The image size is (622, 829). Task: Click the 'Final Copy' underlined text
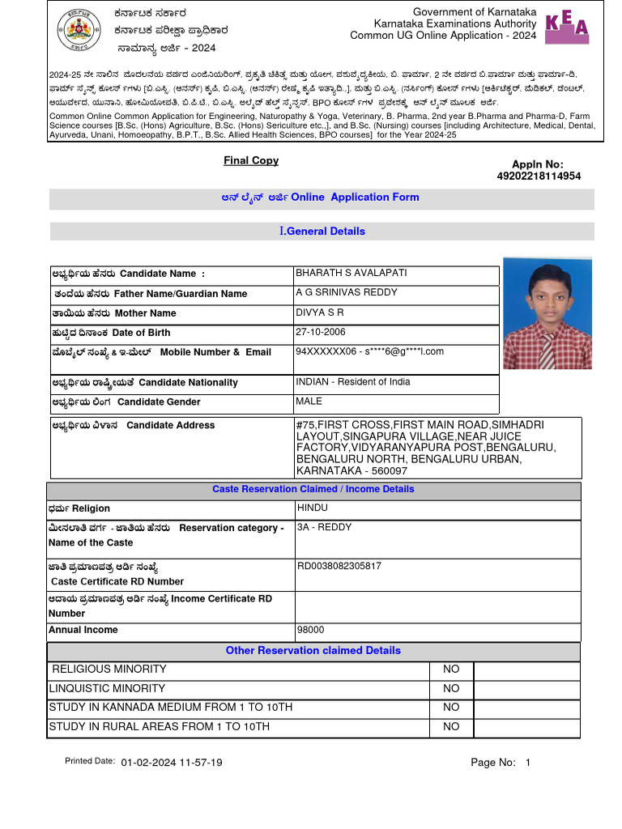click(x=251, y=160)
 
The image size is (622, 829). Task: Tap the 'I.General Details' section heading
click(x=322, y=231)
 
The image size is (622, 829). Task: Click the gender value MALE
click(x=309, y=401)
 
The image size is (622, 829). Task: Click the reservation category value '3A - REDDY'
click(x=325, y=527)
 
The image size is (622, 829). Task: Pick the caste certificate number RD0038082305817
click(x=339, y=566)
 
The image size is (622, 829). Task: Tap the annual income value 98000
click(x=311, y=630)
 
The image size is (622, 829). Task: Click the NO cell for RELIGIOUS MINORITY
click(x=451, y=670)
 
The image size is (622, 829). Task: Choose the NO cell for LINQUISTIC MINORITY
click(x=451, y=689)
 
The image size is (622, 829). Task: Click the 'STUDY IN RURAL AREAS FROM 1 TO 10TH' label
click(x=160, y=727)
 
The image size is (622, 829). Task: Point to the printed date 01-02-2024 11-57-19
click(x=172, y=763)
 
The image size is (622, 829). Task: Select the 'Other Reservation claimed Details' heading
click(x=313, y=650)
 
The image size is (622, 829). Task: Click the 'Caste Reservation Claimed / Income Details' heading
click(x=313, y=489)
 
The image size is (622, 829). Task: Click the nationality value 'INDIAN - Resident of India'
click(x=353, y=381)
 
